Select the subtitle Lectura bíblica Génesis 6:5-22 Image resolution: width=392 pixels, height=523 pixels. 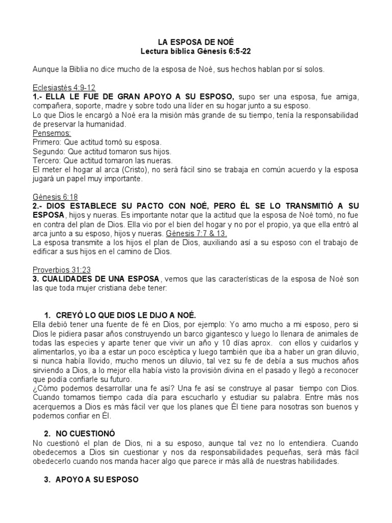[195, 51]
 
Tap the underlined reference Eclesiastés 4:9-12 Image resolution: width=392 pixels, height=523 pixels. [64, 87]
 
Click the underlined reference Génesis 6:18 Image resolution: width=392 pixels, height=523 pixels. [55, 197]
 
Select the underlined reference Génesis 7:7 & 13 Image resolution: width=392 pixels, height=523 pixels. [198, 233]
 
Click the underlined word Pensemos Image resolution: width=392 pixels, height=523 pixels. [52, 133]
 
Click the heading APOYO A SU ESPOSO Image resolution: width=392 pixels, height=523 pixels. [94, 480]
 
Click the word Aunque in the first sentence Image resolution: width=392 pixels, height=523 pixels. [46, 69]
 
